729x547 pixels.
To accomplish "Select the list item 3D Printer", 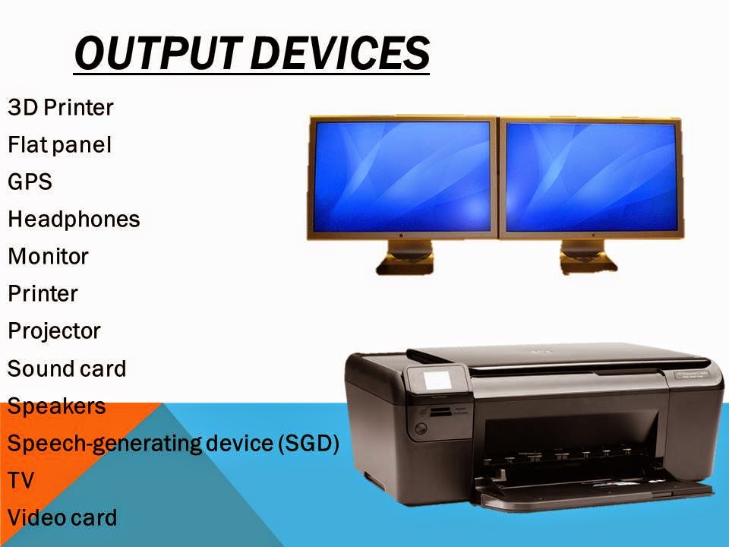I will (61, 108).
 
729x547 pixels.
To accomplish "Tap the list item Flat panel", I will (59, 145).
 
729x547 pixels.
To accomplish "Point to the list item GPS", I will (30, 182).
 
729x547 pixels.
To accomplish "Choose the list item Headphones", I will (74, 220).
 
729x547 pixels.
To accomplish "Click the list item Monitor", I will (48, 257).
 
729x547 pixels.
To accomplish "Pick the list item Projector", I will (54, 331).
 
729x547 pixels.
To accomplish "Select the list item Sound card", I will (67, 369).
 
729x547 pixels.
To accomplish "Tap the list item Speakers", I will (57, 406).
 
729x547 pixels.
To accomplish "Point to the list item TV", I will (21, 481).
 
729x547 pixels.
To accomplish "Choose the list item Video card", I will (62, 518).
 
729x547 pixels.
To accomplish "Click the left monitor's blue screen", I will (402, 177).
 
